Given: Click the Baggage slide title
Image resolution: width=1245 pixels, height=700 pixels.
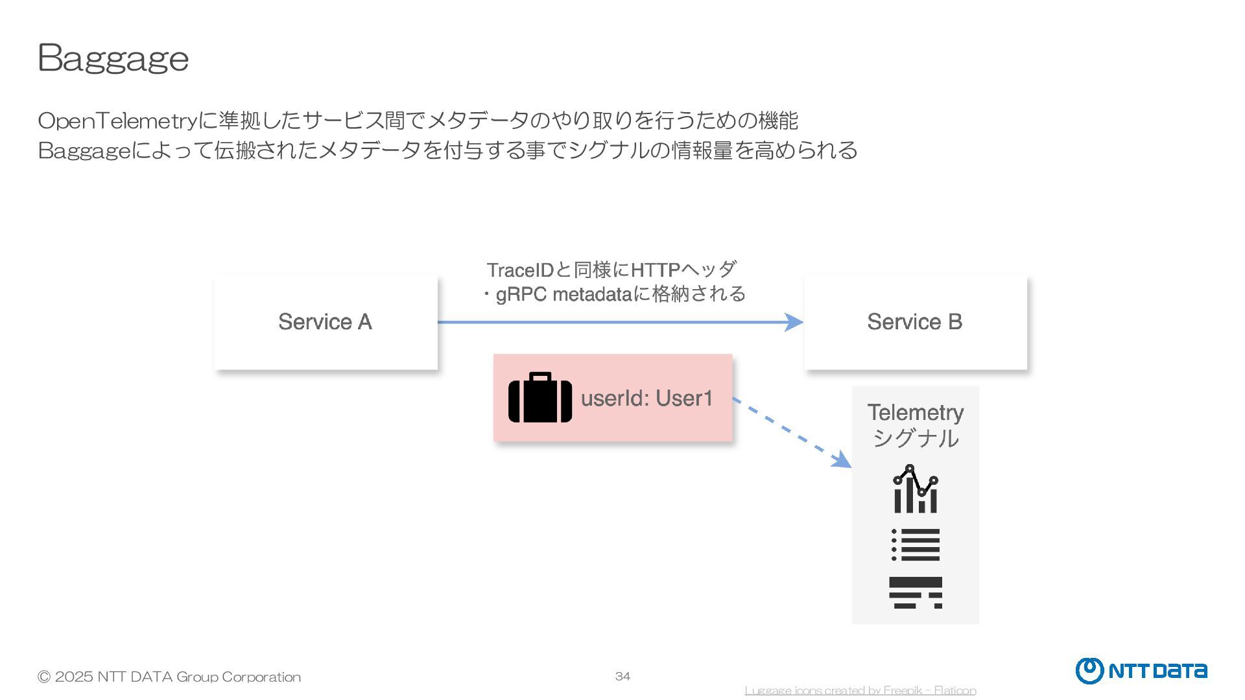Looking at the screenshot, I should click(x=113, y=58).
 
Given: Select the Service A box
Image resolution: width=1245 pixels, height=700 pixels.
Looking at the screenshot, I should click(x=326, y=322).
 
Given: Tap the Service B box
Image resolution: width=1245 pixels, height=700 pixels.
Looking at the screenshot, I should click(x=915, y=322).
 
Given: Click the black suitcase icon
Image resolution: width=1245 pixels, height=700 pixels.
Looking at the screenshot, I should click(x=539, y=397).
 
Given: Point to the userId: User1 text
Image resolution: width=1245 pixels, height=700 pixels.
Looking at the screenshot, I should click(x=646, y=399).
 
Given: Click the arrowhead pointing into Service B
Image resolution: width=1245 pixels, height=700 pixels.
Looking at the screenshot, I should click(x=794, y=322).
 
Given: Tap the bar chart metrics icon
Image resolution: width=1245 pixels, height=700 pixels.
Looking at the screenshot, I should click(x=915, y=489).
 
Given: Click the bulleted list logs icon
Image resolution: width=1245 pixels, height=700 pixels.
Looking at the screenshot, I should click(x=915, y=544).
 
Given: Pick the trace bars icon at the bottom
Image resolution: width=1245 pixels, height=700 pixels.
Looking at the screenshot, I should click(x=915, y=592).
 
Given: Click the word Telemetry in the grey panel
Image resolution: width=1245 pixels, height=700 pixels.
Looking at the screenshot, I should click(x=915, y=412).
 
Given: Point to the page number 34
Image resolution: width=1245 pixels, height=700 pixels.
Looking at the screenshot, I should click(x=622, y=677).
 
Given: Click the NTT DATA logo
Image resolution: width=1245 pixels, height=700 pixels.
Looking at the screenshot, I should click(x=1141, y=671).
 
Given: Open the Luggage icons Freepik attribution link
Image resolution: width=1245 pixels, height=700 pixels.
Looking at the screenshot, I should click(x=860, y=691).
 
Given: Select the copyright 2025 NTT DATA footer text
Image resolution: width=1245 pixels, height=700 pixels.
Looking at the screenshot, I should click(x=169, y=677).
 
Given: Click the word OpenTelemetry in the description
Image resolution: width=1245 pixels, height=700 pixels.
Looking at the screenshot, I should click(x=117, y=121).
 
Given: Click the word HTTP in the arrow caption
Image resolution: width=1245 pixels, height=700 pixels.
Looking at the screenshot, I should click(x=655, y=270).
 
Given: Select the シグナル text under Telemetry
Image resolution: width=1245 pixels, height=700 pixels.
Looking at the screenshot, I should click(x=915, y=439).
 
